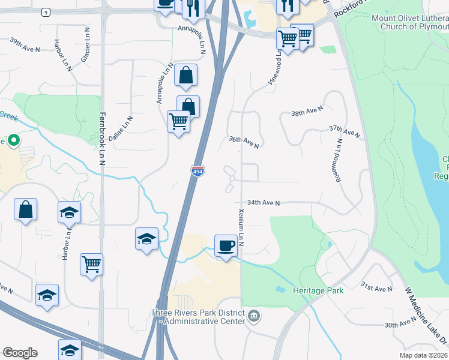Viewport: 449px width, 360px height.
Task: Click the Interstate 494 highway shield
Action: pos(197,171)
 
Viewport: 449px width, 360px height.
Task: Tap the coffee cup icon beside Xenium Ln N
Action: pos(226,246)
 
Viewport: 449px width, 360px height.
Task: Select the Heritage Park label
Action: pos(318,290)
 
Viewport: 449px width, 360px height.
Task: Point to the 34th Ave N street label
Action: pos(264,203)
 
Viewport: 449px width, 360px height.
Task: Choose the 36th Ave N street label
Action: pos(244,142)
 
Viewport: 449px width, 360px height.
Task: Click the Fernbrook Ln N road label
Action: pos(102,139)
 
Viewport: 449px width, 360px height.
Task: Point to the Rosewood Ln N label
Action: pos(339,160)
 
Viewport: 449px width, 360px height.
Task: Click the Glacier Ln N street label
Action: pos(85,45)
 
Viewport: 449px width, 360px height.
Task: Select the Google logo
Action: pos(20,353)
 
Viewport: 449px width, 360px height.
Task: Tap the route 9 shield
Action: pos(46,11)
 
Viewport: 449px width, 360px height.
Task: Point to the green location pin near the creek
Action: pos(13,141)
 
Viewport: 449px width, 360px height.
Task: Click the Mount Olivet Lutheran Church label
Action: pos(409,22)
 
